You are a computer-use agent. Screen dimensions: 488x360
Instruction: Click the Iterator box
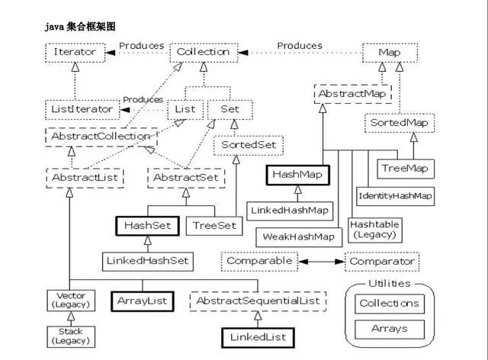click(x=75, y=53)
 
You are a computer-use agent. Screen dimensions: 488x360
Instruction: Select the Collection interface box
click(x=204, y=53)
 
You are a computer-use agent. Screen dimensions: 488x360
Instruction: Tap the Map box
click(x=390, y=53)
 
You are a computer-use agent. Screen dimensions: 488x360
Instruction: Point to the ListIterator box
click(x=82, y=110)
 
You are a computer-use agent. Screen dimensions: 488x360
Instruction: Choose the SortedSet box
click(x=249, y=146)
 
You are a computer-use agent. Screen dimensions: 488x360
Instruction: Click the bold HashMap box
click(x=297, y=175)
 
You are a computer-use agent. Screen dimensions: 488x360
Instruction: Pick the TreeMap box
click(x=406, y=169)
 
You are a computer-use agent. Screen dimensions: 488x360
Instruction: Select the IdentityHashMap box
click(x=395, y=196)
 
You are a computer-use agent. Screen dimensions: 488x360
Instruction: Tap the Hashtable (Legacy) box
click(x=374, y=230)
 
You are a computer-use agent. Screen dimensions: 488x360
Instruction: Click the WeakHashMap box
click(x=299, y=237)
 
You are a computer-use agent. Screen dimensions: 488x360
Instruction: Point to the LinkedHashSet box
click(x=148, y=262)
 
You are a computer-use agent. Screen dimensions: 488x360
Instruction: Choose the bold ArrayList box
click(x=143, y=301)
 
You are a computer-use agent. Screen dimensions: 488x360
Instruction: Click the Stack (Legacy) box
click(x=71, y=336)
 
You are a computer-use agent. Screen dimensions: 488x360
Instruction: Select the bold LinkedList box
click(x=258, y=338)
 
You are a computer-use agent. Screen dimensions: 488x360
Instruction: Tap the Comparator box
click(x=382, y=262)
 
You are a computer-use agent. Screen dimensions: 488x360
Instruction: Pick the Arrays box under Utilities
click(x=390, y=329)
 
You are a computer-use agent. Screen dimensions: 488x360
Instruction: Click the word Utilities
click(x=390, y=284)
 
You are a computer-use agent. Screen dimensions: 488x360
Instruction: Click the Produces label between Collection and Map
click(x=300, y=46)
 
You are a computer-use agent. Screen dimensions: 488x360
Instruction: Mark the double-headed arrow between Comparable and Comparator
click(x=322, y=262)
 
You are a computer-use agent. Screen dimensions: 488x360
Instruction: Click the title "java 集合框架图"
click(x=80, y=27)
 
